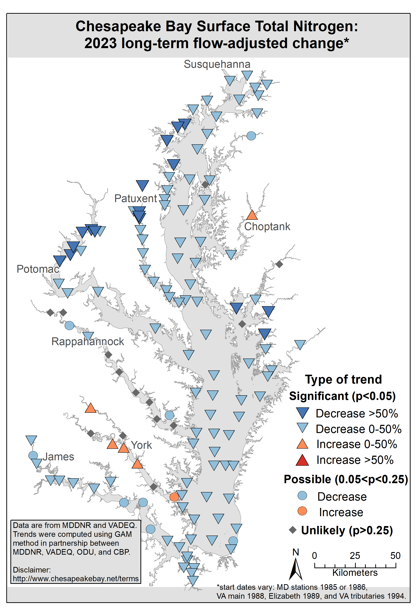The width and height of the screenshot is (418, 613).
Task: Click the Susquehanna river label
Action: coord(217,64)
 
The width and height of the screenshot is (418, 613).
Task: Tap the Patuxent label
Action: coord(136,199)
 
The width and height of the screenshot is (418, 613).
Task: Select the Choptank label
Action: coord(267,227)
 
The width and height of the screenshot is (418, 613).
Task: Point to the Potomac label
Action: coord(38,269)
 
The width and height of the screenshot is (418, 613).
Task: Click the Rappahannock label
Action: coord(88,342)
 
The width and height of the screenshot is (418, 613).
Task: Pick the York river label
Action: coord(142,445)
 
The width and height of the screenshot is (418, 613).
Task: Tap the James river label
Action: coord(58,457)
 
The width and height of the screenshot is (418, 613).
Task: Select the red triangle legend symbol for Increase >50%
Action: coord(302,460)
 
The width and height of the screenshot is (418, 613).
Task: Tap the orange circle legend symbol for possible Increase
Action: coord(302,511)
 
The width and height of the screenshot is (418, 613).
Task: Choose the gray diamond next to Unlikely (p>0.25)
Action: coord(293,530)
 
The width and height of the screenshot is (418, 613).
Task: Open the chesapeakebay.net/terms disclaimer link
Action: coord(76,579)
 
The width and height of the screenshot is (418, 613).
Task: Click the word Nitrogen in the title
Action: coord(325,26)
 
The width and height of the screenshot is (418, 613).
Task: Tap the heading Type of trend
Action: coord(343,380)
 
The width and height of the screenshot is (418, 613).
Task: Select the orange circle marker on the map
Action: coord(174,497)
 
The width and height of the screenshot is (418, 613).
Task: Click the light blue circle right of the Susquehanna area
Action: coord(251,136)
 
